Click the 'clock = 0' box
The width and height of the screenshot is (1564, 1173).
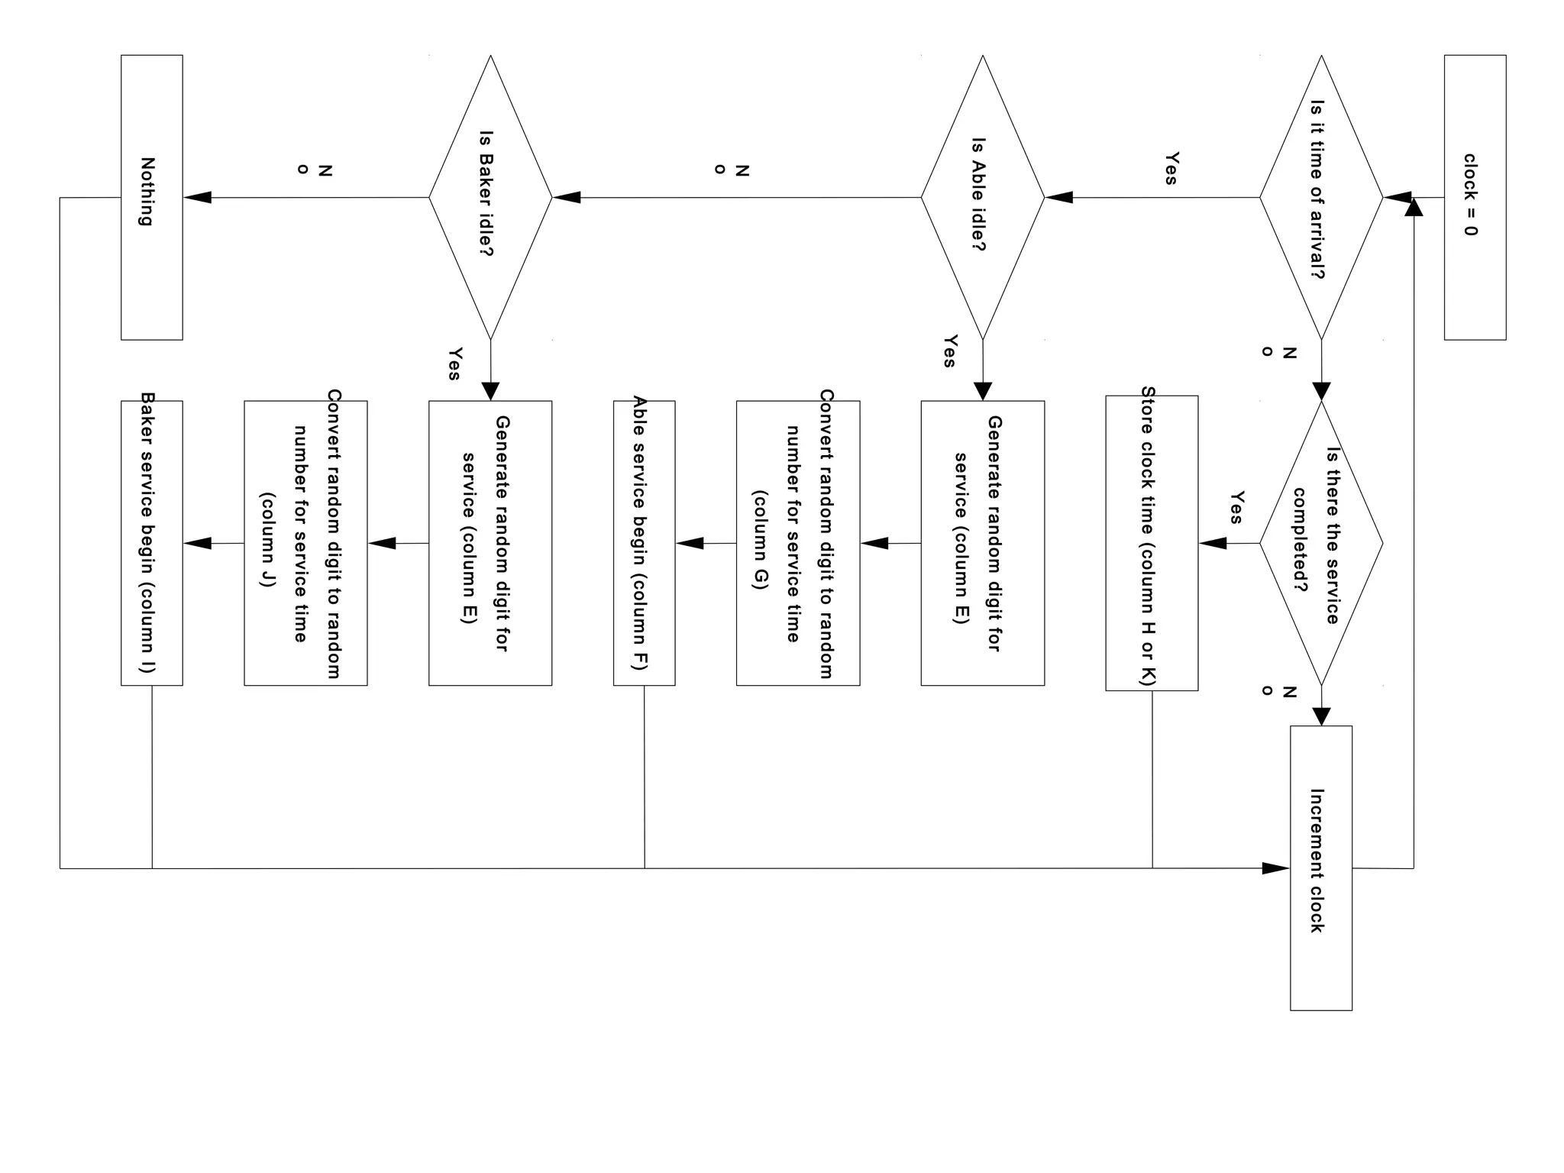point(1475,197)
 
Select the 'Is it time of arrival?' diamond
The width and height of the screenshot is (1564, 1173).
point(1321,197)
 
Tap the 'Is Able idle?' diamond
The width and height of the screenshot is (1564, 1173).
point(982,197)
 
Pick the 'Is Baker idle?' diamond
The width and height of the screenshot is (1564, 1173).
point(490,197)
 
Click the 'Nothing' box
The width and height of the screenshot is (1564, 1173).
point(151,197)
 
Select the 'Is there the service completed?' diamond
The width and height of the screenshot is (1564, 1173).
point(1321,543)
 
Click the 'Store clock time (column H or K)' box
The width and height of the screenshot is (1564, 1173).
point(1152,543)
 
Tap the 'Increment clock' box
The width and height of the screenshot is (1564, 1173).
point(1321,868)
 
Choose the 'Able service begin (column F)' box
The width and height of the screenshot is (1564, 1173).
point(644,543)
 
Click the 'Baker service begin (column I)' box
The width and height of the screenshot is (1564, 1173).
point(151,543)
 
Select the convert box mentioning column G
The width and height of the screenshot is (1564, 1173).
point(798,543)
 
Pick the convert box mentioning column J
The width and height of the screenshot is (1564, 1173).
point(305,543)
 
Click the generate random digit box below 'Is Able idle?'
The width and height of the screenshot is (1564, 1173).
point(982,543)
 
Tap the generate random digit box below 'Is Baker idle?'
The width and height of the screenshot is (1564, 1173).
point(490,543)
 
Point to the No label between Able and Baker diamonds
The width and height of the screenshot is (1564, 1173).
point(731,170)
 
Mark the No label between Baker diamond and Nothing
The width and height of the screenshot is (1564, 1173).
point(314,170)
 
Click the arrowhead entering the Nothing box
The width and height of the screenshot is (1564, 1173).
point(198,197)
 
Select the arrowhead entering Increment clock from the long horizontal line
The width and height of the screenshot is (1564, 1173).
point(1275,868)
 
